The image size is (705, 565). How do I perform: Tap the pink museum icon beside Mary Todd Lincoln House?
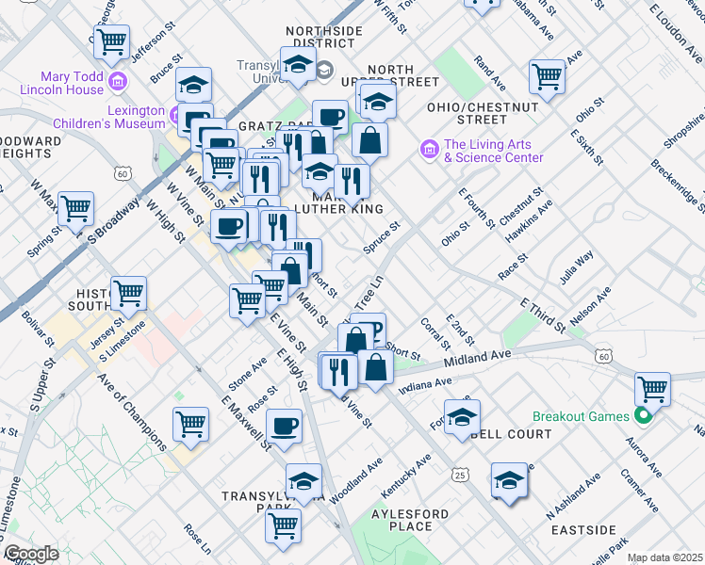tap(118, 81)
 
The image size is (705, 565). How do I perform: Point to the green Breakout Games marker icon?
tap(644, 415)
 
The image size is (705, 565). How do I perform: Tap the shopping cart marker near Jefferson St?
tap(112, 41)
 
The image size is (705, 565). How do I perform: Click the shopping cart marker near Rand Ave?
tap(547, 76)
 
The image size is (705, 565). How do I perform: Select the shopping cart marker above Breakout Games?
tap(652, 387)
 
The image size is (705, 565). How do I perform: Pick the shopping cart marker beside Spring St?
tap(76, 207)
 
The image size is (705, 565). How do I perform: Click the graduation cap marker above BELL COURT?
tap(462, 416)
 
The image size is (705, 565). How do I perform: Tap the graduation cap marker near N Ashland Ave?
tap(510, 481)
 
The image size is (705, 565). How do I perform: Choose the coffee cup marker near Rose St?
tap(285, 425)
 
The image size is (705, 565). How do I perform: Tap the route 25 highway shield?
tap(459, 475)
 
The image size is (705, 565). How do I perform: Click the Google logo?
tap(31, 554)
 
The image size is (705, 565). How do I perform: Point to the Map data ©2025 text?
tap(664, 557)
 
